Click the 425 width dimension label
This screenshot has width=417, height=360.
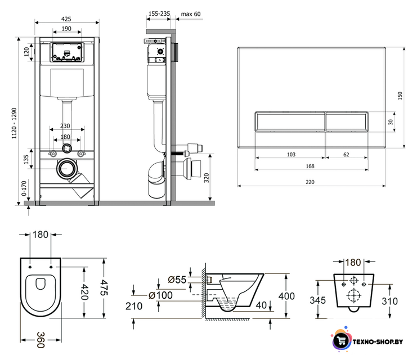(66, 19)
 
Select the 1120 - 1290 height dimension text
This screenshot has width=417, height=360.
(14, 123)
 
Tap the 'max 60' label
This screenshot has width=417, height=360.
(191, 14)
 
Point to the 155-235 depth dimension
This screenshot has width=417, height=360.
(159, 13)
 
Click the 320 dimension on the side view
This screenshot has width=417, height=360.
(207, 178)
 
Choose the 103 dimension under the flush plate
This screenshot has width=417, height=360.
(291, 155)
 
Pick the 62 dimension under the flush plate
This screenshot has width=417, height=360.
(346, 155)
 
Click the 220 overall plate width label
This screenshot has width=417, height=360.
(310, 182)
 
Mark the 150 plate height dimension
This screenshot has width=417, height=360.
(400, 96)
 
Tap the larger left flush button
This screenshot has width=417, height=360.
(290, 121)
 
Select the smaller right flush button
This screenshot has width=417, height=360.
(347, 121)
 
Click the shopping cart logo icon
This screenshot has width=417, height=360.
(341, 340)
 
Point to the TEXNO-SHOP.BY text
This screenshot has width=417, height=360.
(378, 341)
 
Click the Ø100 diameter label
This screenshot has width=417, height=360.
(160, 295)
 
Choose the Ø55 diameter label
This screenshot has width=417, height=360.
(177, 280)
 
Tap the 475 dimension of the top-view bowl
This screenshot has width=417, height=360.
(104, 287)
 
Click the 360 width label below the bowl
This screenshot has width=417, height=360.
(41, 340)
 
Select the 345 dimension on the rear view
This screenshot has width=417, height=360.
(317, 300)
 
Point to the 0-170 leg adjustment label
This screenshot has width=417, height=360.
(24, 188)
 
